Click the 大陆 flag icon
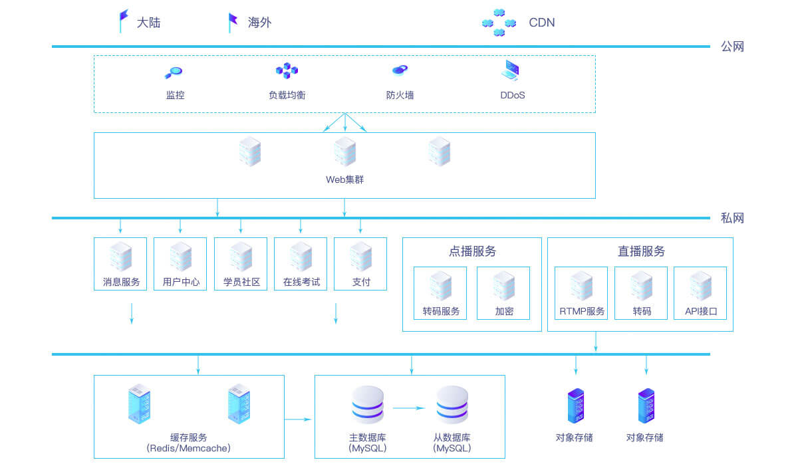(123, 21)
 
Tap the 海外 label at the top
(259, 23)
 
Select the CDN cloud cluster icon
(499, 23)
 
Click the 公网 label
(732, 47)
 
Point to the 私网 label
(732, 218)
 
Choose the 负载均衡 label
(287, 95)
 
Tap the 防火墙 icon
(400, 70)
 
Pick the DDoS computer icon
(511, 70)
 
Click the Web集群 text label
(344, 179)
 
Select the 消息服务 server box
(120, 264)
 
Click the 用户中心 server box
(180, 264)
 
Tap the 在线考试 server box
(301, 264)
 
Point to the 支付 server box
(360, 264)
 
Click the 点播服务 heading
(472, 251)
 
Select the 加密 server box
(503, 293)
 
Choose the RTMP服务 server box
(581, 293)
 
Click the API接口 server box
(700, 293)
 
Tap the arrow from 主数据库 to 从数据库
(409, 408)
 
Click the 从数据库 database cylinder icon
(452, 405)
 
